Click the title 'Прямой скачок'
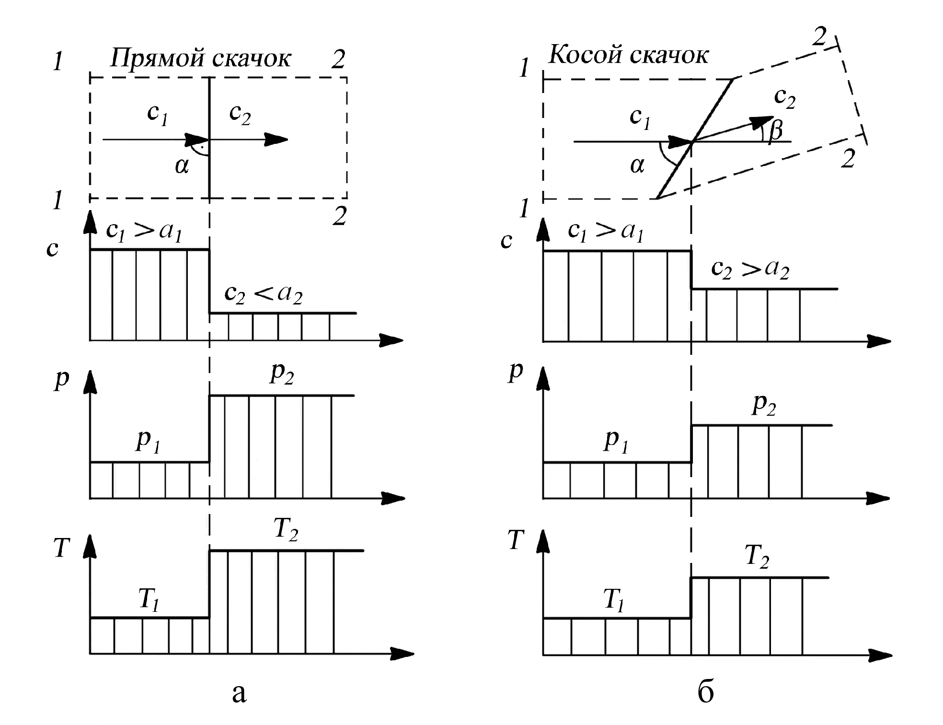[x=201, y=59]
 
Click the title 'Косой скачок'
[x=628, y=55]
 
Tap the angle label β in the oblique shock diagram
[x=775, y=130]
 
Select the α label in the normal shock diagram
[x=182, y=166]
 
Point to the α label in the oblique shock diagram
[x=637, y=166]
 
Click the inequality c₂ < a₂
[x=263, y=294]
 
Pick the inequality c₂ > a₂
[x=750, y=269]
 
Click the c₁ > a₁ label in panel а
[x=144, y=232]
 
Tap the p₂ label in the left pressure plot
[x=282, y=374]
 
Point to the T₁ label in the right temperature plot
[x=614, y=600]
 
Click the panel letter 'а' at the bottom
[x=239, y=693]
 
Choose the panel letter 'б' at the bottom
[x=705, y=691]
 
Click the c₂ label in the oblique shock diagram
[x=784, y=98]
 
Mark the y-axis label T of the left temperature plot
[x=62, y=548]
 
